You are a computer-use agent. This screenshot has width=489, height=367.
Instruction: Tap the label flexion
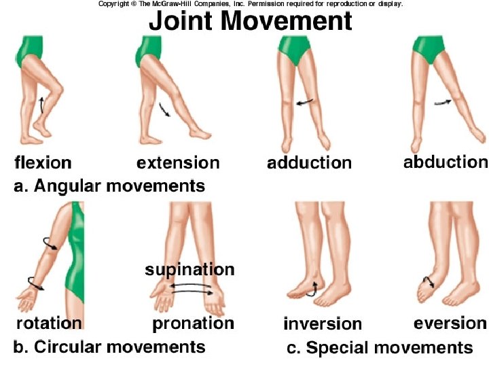43,162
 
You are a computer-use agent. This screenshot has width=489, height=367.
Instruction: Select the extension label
178,162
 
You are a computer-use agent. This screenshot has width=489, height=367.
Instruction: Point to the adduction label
309,162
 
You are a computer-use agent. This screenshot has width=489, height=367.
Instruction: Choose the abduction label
445,162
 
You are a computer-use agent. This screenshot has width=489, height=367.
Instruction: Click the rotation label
48,324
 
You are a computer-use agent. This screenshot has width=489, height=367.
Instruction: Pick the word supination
189,269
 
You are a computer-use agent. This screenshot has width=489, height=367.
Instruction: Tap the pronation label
193,324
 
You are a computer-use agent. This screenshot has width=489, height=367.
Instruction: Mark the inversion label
323,324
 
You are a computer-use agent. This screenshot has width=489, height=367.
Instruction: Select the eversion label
450,323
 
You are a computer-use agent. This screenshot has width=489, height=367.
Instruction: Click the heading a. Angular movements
109,185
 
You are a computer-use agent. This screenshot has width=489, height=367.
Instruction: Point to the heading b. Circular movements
109,347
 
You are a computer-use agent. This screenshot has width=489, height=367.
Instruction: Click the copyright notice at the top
251,4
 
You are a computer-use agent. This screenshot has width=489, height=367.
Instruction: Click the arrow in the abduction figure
442,101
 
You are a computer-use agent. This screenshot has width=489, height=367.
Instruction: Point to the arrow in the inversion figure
313,288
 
